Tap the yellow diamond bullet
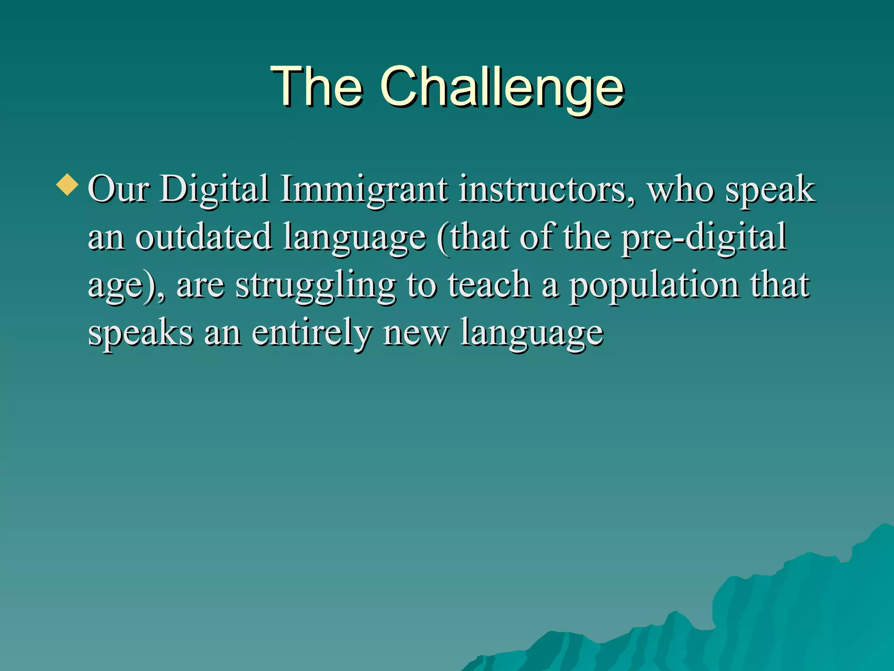coord(68,184)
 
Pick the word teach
coord(489,285)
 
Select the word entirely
coord(312,333)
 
